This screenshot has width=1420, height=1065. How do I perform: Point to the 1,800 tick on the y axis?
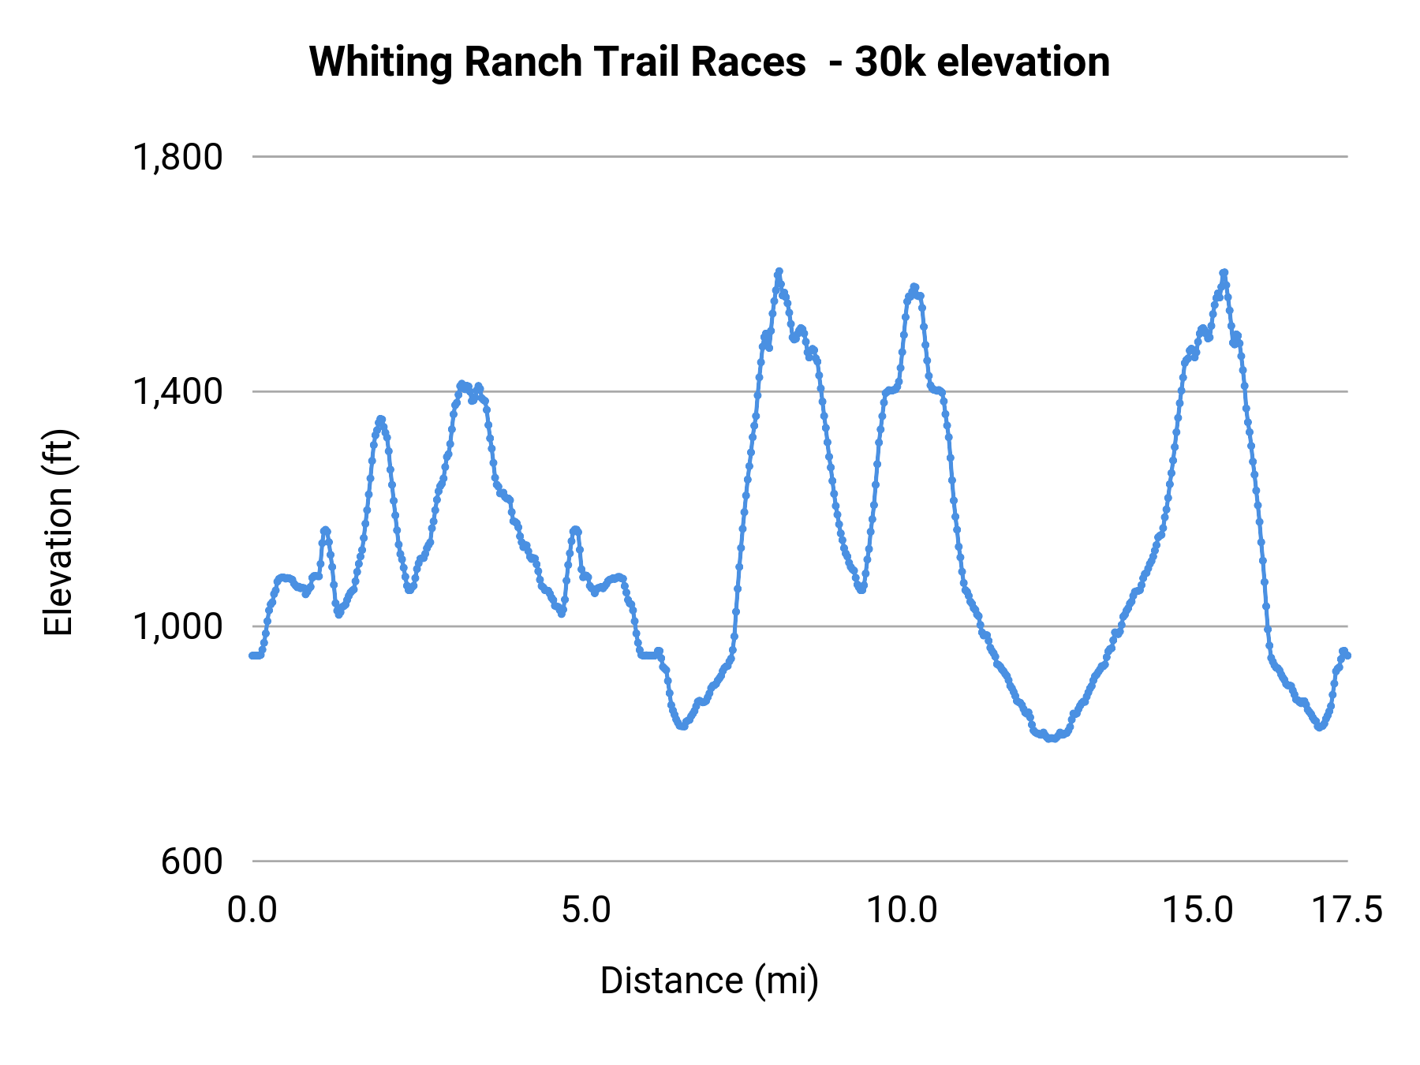coord(178,157)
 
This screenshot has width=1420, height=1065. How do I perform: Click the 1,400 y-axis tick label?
coord(178,391)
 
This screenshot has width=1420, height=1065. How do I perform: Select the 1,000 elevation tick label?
coord(178,626)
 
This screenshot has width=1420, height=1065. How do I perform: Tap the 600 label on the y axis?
coord(192,861)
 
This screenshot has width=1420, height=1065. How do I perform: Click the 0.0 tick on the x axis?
coord(252,910)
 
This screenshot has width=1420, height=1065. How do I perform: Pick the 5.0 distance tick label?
coord(586,910)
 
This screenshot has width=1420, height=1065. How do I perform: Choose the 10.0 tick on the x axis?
coord(902,910)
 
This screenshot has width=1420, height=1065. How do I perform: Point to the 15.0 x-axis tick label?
coord(1198,910)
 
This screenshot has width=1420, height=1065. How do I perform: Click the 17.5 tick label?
coord(1347,910)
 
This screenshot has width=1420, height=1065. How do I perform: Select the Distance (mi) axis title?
coord(709,981)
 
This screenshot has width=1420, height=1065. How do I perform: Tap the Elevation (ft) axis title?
coord(58,532)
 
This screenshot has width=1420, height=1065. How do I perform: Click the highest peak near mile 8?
coord(779,271)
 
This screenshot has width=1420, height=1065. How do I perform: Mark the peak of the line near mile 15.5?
coord(1224,272)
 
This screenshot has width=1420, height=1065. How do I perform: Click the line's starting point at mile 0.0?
coord(252,656)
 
